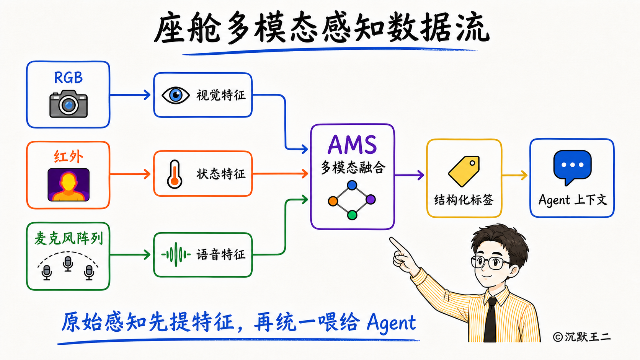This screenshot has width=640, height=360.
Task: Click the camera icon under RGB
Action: (x=69, y=104)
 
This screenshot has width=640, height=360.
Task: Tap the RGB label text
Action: (x=69, y=78)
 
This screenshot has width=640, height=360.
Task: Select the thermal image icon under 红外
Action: (x=69, y=185)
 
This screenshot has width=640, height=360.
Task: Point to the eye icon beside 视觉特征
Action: (x=175, y=95)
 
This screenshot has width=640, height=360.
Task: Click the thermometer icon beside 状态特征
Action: (x=175, y=174)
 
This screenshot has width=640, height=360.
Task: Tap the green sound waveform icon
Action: (x=176, y=254)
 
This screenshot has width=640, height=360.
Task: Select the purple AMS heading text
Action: (x=352, y=145)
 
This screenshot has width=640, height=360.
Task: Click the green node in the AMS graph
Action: (x=352, y=215)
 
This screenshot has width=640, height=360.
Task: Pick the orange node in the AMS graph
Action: (x=333, y=201)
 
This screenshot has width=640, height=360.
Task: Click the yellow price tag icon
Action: (x=464, y=171)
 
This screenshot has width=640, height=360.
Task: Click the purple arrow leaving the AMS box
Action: (x=409, y=175)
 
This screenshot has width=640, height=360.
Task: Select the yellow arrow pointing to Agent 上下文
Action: (x=514, y=175)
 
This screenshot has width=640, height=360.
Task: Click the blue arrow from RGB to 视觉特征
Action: (x=130, y=95)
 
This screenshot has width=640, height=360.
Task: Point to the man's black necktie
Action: (x=491, y=320)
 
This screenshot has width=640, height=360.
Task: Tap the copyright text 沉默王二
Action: (x=588, y=337)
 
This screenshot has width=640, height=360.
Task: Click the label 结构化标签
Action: (x=464, y=200)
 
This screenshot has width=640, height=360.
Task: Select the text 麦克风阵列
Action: (x=69, y=238)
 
